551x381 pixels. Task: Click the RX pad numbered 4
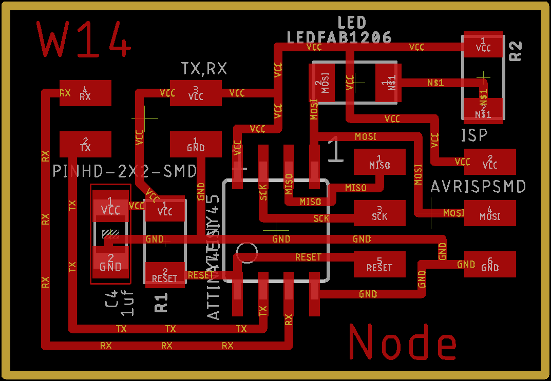85,93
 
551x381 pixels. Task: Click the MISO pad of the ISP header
379,162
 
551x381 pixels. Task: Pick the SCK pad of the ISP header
379,213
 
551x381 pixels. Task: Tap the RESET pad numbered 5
379,264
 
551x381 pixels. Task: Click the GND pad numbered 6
490,264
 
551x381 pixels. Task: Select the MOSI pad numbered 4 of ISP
490,213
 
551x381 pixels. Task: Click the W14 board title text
84,39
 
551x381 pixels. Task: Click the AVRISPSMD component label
478,187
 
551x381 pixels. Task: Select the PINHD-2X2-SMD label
125,171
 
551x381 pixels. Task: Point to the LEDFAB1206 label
339,37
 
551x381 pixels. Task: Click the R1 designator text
161,303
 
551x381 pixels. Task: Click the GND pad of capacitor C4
110,263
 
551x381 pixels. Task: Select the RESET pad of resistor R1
165,274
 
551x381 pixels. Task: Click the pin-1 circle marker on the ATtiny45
247,253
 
